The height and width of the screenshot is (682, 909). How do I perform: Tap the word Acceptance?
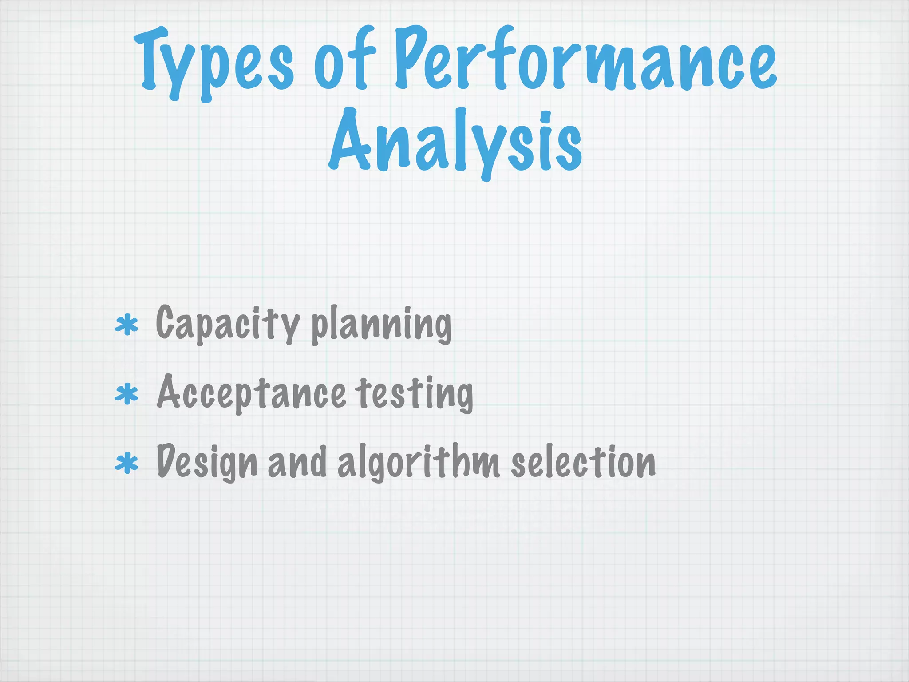point(251,393)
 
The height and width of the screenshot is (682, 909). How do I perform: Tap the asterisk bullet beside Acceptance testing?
point(126,394)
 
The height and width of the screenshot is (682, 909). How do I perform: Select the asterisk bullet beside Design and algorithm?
point(126,464)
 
